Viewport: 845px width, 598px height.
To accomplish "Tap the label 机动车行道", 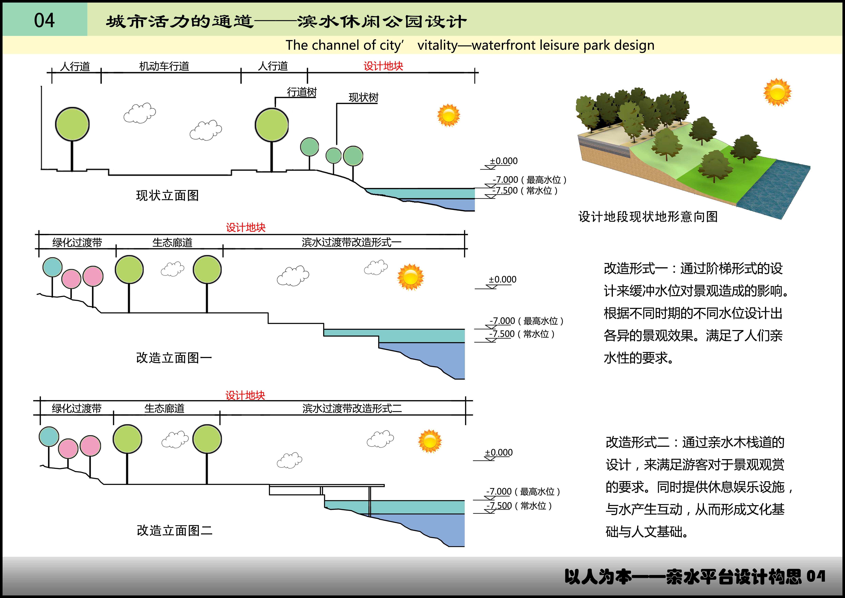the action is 164,66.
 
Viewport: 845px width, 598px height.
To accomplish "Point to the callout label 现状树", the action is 363,97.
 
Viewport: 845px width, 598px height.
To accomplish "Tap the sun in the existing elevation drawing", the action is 449,115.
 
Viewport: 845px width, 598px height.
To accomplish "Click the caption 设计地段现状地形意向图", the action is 648,216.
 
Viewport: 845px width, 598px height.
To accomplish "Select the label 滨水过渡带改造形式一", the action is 351,242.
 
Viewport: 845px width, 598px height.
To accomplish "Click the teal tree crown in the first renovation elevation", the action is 52,267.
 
